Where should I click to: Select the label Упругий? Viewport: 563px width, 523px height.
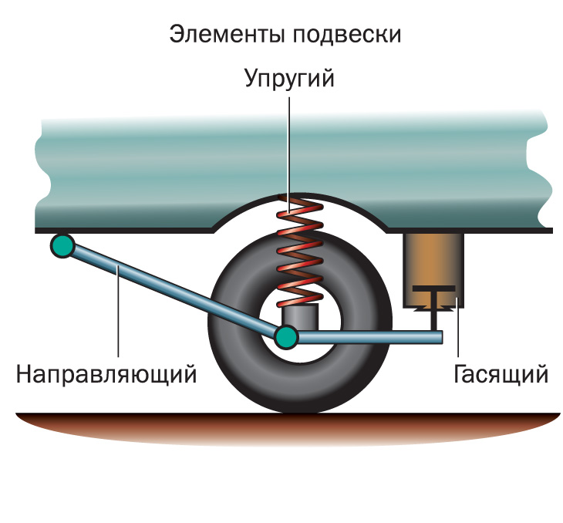289,79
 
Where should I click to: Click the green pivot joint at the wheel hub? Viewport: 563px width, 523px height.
285,336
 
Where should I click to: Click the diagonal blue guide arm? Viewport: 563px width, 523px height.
170,288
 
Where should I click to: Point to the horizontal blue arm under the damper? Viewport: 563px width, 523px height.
370,337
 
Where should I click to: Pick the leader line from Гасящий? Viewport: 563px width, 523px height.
460,332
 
